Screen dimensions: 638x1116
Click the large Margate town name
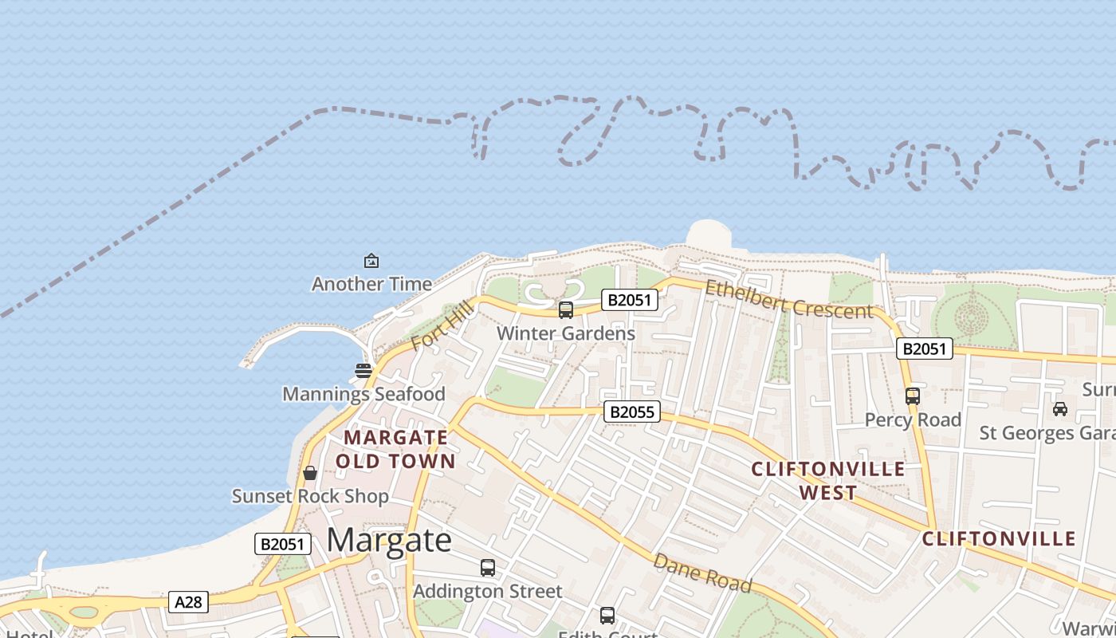pos(389,541)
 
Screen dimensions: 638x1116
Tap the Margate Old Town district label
pos(395,449)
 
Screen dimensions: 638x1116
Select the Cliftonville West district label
pos(828,480)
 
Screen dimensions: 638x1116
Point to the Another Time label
pos(371,284)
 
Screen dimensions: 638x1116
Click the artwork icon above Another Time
pos(371,260)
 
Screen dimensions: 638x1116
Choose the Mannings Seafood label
pos(363,394)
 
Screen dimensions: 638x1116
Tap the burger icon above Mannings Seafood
pos(363,370)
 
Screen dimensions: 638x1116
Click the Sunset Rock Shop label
pos(310,496)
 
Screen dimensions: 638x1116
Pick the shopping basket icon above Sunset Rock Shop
pos(310,473)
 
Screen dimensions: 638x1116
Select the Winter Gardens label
pos(566,333)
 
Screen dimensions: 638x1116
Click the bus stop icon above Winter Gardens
pos(566,310)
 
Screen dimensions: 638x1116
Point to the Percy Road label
pos(913,419)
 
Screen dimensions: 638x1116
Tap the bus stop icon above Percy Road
pos(913,396)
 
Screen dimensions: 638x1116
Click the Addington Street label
pos(488,591)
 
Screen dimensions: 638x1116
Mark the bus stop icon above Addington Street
pos(488,568)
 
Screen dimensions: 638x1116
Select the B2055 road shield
pos(631,412)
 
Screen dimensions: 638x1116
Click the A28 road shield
pos(189,602)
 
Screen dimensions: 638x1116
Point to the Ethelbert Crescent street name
pos(788,300)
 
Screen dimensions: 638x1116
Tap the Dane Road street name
pos(702,573)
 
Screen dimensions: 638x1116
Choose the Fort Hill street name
pos(443,327)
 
